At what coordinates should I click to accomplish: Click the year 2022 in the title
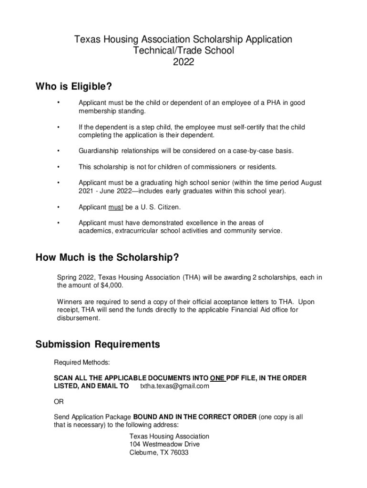coord(183,62)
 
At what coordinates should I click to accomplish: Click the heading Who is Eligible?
coord(74,87)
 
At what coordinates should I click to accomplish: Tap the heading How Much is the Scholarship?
coord(107,258)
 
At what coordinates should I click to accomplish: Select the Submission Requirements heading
coord(98,344)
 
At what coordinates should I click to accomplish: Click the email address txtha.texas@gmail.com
coord(174,386)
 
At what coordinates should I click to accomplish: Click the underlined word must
coord(116,207)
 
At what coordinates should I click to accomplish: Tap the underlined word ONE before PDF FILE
coord(218,378)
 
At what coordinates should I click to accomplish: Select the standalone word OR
coord(58,402)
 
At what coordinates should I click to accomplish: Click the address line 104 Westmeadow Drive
coord(164,444)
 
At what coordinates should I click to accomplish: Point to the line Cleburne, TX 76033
coord(159,452)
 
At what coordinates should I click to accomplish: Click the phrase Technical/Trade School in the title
coord(183,51)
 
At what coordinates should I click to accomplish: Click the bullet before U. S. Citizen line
coord(58,207)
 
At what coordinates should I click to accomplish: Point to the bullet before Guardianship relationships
coord(58,151)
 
